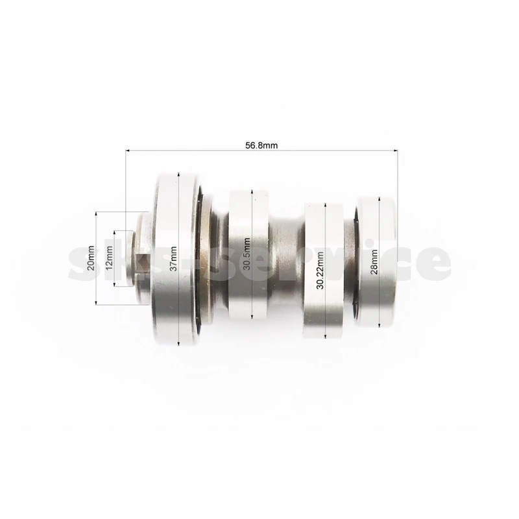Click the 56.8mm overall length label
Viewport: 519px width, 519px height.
point(261,145)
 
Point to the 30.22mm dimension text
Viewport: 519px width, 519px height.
point(320,270)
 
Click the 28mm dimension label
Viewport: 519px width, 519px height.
point(374,261)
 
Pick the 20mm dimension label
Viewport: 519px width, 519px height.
point(91,258)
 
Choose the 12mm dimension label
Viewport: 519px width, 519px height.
point(109,258)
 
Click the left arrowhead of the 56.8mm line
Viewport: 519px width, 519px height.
point(127,151)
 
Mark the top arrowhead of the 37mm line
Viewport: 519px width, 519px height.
point(178,175)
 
